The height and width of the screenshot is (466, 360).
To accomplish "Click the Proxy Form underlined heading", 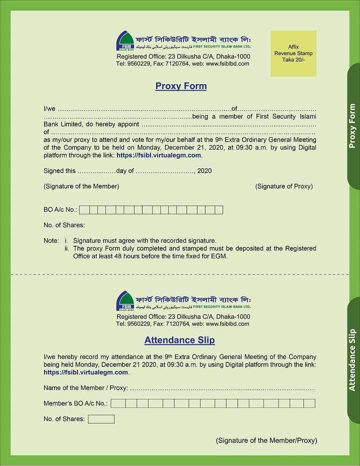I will click(181, 86).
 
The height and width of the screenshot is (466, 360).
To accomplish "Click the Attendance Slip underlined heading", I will click(179, 340).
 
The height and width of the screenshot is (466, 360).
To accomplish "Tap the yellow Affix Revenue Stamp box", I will click(293, 53).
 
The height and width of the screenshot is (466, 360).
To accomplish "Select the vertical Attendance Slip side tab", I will click(352, 359).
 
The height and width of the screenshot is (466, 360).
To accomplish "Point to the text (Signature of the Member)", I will click(81, 186).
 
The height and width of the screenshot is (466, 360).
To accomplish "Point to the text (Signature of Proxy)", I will click(284, 186).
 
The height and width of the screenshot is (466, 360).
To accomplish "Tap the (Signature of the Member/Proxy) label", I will click(266, 440).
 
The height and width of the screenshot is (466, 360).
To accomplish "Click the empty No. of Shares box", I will click(101, 419).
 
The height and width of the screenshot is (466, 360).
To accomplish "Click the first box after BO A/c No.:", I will click(84, 210).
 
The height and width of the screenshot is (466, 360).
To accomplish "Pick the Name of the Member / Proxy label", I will click(85, 388).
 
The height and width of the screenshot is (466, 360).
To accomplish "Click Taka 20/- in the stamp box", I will click(293, 60).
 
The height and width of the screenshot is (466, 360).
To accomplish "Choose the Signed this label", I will click(59, 171).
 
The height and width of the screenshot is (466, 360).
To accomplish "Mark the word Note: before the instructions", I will click(51, 241).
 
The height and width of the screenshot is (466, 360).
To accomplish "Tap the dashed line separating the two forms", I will click(179, 274).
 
